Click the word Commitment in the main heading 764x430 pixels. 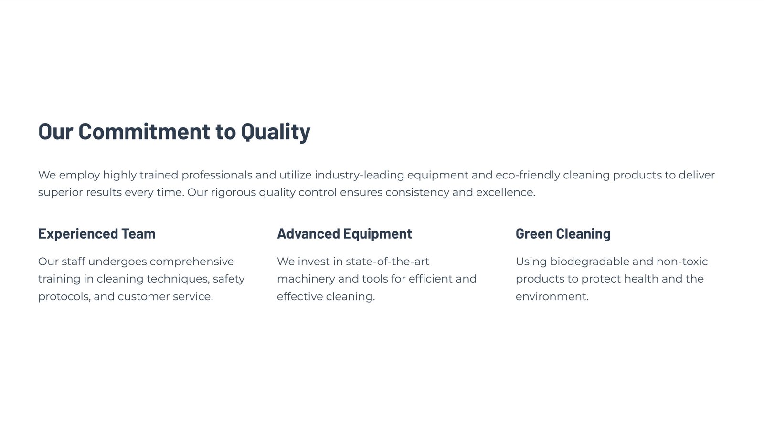144,131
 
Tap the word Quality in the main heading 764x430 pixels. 276,132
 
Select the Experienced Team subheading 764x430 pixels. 96,233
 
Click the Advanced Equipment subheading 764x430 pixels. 344,234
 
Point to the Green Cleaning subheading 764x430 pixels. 563,234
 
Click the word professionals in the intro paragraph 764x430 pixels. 217,175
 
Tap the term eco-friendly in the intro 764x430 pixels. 528,175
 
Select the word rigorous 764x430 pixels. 233,193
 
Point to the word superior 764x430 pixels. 60,193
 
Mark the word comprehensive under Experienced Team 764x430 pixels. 191,262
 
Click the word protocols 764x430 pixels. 64,297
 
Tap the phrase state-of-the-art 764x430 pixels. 387,262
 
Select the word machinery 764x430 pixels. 306,279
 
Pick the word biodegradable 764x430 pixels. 590,262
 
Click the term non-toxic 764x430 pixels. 682,262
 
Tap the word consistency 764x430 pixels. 417,193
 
